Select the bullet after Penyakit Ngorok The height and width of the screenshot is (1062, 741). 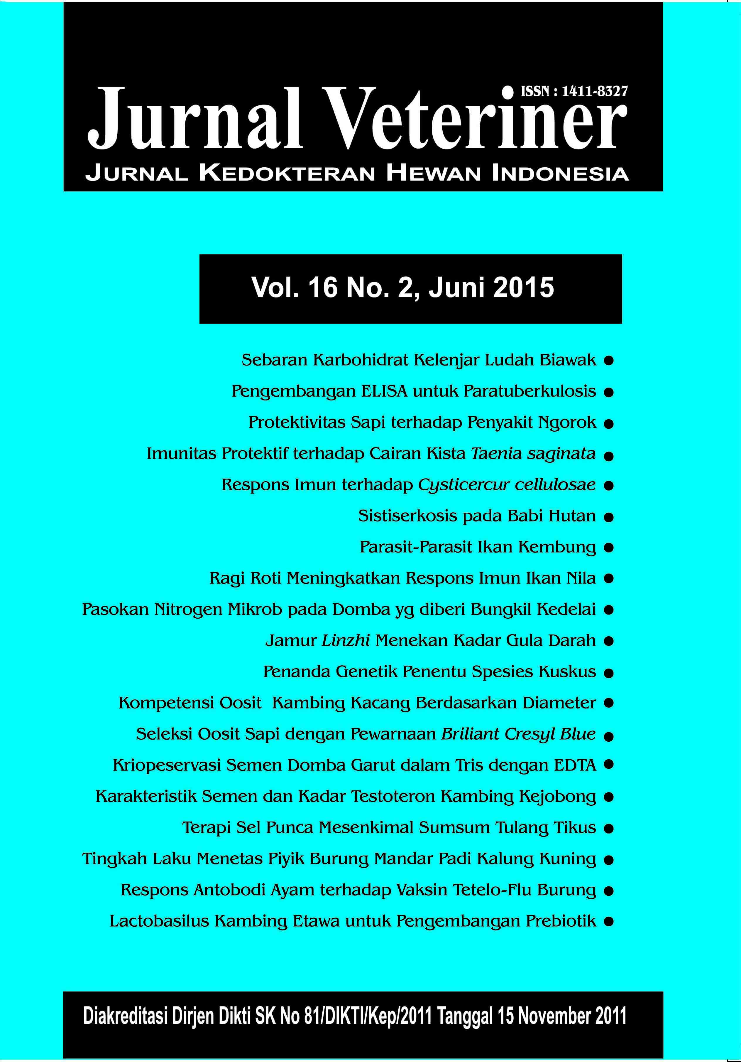[x=609, y=423]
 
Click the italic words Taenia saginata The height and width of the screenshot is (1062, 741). [x=533, y=453]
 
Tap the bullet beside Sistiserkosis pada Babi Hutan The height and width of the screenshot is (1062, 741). [x=609, y=517]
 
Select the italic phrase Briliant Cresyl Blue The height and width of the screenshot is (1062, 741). [x=518, y=734]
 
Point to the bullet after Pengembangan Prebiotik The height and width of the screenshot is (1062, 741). [x=609, y=922]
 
